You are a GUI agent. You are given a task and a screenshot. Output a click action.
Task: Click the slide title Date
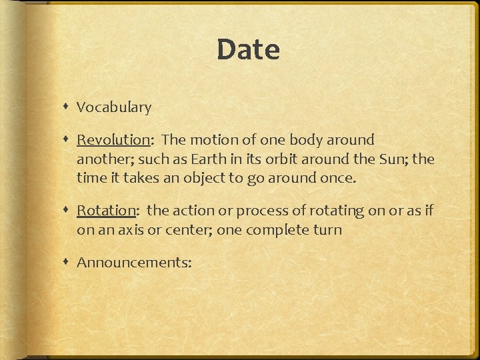[x=248, y=50]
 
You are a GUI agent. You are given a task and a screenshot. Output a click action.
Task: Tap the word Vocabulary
[x=114, y=107]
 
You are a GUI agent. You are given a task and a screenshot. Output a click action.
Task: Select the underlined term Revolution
[x=113, y=140]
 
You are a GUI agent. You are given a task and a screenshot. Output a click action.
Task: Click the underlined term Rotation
[x=106, y=211]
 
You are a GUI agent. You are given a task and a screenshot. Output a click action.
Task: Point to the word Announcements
[x=133, y=263]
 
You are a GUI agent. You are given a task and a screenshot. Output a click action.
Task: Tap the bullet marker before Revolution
[x=67, y=140]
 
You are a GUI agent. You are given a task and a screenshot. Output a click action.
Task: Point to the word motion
[x=211, y=140]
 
